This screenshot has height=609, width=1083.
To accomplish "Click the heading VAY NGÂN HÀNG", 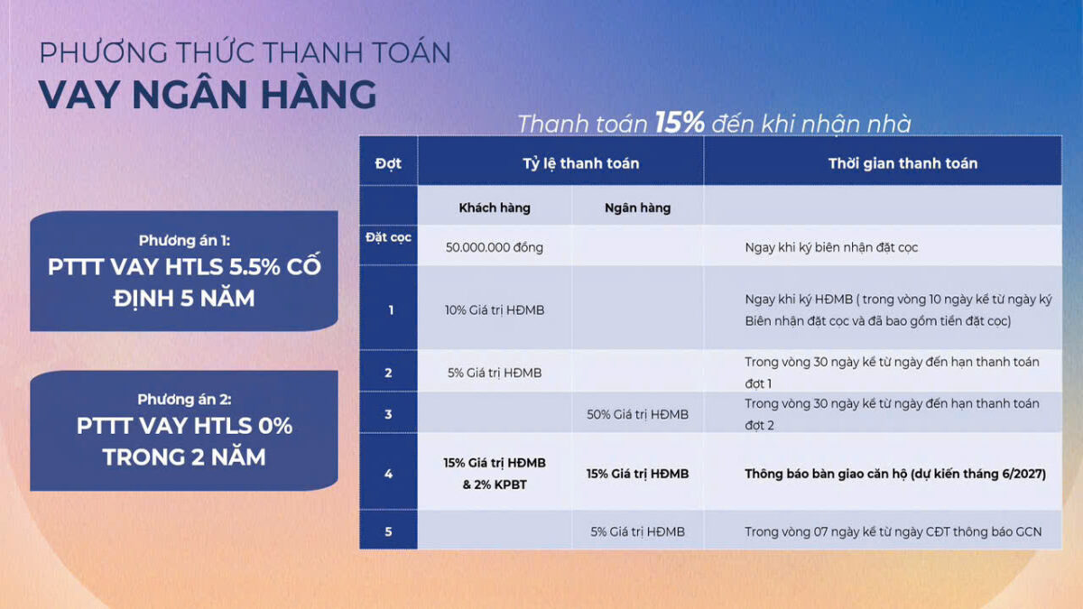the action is click(x=208, y=94).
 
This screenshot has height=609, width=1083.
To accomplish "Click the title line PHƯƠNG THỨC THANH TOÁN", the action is click(x=245, y=52).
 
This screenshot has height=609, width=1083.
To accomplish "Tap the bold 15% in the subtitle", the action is click(x=680, y=123).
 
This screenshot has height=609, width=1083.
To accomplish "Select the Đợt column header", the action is click(x=388, y=163).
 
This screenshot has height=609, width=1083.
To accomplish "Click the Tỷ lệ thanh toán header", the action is click(x=580, y=163).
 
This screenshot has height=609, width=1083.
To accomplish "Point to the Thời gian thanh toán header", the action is click(x=902, y=163).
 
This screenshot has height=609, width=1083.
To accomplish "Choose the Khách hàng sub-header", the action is click(x=495, y=208).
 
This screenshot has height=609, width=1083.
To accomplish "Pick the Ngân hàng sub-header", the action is click(x=638, y=208).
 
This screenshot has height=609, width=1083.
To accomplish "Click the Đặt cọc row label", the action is click(x=388, y=237).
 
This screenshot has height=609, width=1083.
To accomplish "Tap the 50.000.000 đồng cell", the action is click(x=495, y=247).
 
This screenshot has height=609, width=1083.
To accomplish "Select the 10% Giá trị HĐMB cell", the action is click(x=495, y=309).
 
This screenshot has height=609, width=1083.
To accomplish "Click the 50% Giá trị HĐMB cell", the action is click(x=637, y=414).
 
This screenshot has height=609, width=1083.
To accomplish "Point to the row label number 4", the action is click(x=388, y=474).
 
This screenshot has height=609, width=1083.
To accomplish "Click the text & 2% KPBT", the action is click(x=495, y=484).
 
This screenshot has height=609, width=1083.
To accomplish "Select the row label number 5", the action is click(x=388, y=531).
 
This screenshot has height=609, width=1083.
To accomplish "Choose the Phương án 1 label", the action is click(x=184, y=240).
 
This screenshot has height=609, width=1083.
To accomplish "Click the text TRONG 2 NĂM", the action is click(x=184, y=457).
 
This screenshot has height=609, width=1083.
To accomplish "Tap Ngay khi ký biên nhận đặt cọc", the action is click(x=831, y=247).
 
